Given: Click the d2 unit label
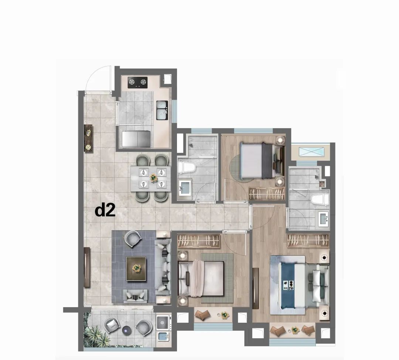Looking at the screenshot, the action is click(105, 210).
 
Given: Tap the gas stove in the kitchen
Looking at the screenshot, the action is click(137, 82).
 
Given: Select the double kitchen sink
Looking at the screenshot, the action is click(162, 110).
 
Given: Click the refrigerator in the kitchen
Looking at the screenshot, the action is click(136, 138).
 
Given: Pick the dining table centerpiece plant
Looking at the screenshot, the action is click(153, 178).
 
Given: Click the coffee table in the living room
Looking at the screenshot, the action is click(136, 269).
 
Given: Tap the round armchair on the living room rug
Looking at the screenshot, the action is click(133, 239).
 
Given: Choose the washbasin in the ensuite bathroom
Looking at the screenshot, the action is click(324, 219).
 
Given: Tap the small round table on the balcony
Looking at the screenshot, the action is click(127, 330).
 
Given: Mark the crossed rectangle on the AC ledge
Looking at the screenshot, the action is click(312, 152).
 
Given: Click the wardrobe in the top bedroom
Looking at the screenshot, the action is click(267, 194).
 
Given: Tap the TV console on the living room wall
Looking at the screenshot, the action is click(87, 267).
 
